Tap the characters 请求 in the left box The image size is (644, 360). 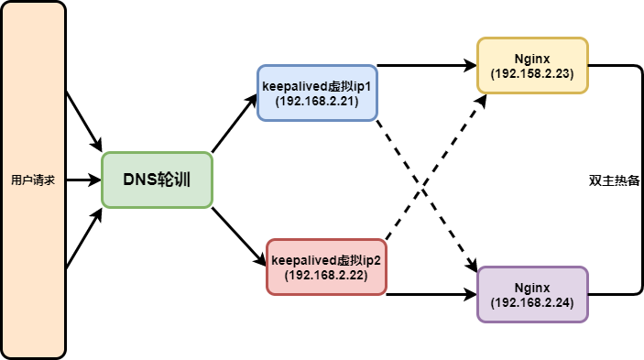point(45,180)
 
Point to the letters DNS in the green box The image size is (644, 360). point(140,180)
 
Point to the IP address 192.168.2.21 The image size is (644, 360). point(317,101)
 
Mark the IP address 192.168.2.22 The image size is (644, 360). point(326,275)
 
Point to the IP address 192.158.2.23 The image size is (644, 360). point(532,74)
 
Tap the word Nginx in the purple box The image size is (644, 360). point(532,288)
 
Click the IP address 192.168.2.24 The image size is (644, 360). point(532,302)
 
